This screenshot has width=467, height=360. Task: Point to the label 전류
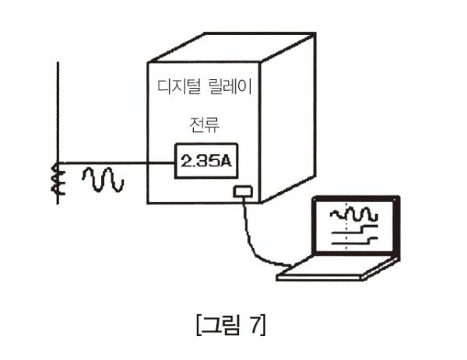[x=204, y=124]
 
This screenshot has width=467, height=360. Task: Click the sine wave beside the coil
[x=103, y=180]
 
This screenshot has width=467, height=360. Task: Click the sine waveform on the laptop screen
[x=354, y=211]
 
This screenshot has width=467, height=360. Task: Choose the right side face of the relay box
[x=286, y=117]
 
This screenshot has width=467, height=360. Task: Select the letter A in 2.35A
[x=226, y=162]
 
